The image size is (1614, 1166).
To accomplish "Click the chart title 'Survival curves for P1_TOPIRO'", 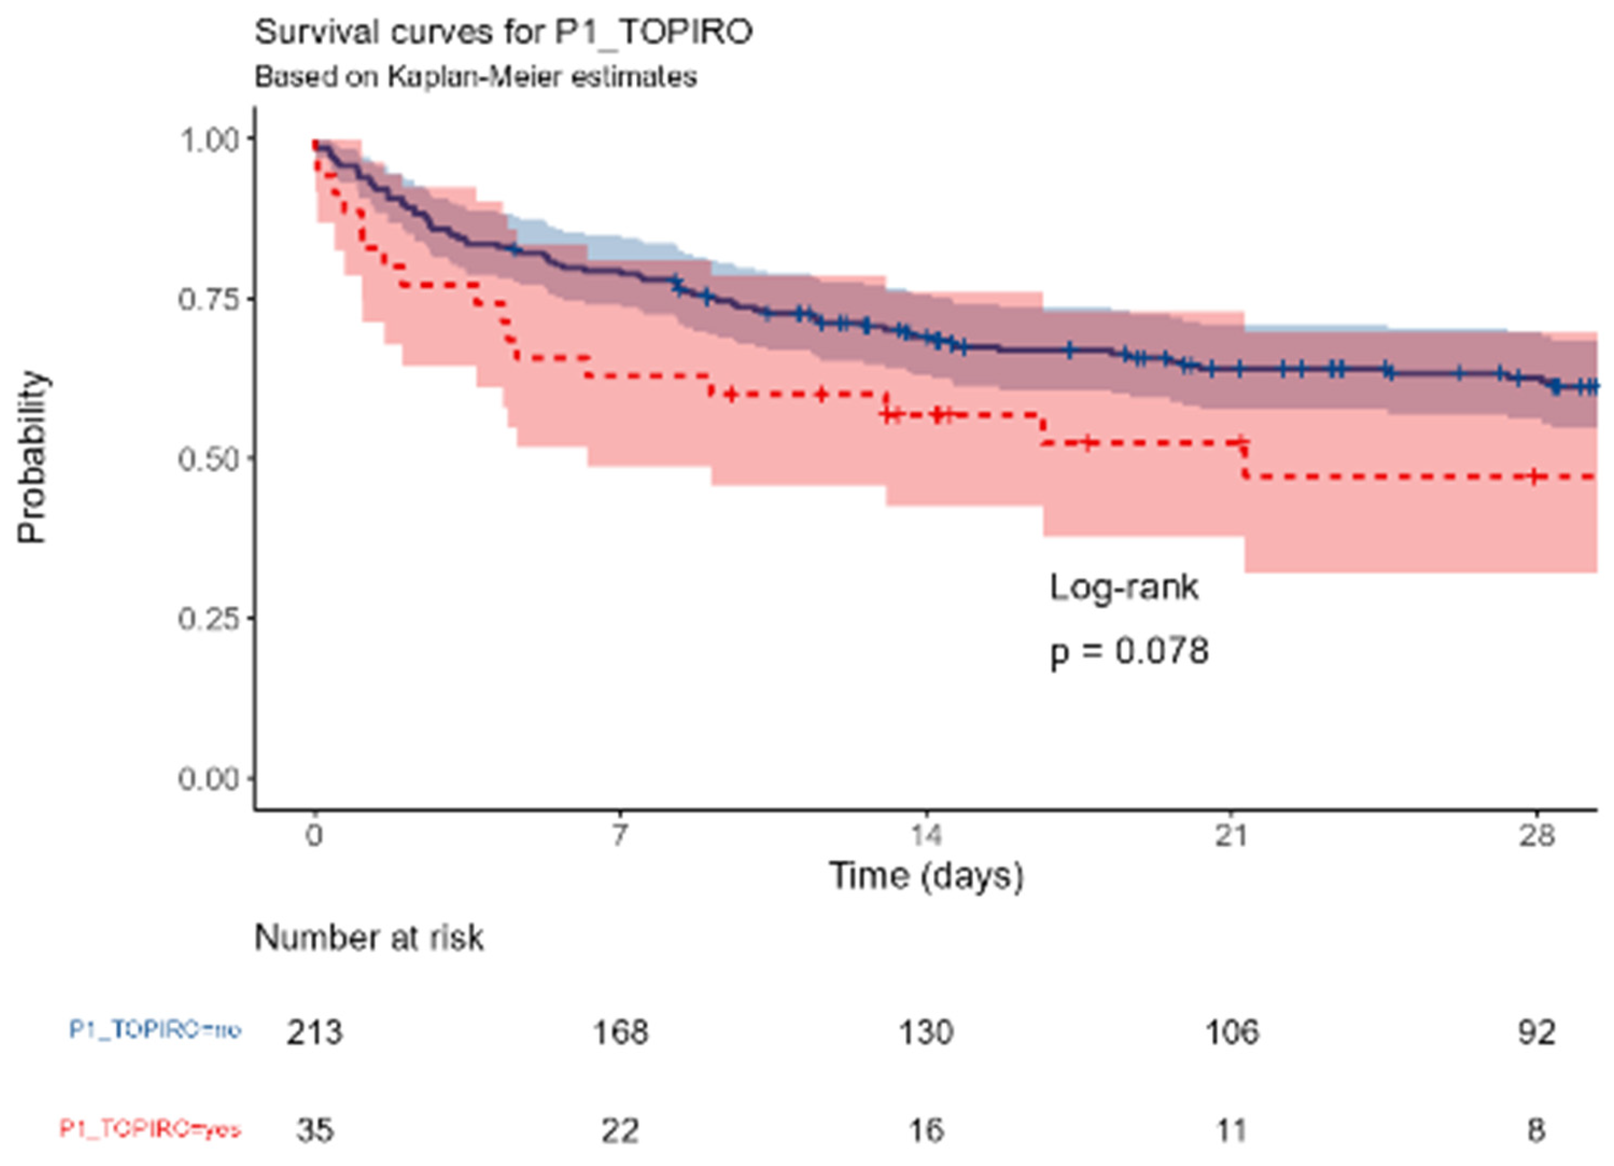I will [x=503, y=33].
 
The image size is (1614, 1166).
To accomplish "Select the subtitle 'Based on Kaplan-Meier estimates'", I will [x=475, y=77].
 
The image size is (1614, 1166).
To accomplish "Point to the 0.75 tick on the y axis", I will [x=208, y=299].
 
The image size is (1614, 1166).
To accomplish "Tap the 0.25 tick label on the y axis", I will [x=208, y=618].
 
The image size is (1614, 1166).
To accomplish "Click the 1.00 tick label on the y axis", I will [x=208, y=140].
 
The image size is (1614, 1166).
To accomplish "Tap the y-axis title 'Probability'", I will [x=32, y=457].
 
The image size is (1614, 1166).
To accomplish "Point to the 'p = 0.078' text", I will [x=1129, y=650].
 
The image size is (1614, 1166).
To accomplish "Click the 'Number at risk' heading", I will [x=368, y=938].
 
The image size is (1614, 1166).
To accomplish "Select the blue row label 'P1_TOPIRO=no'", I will [x=155, y=1029].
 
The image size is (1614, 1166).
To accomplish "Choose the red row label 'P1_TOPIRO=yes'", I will [x=150, y=1129].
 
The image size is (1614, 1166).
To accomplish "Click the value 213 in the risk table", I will [x=315, y=1032].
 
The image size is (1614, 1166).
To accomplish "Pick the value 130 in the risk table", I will [x=926, y=1032].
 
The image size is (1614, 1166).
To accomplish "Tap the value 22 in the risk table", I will [x=620, y=1130].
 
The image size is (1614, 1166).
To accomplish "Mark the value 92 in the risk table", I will [x=1536, y=1032].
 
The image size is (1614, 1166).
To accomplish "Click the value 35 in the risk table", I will [x=315, y=1130].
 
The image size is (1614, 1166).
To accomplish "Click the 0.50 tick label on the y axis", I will [x=208, y=459].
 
